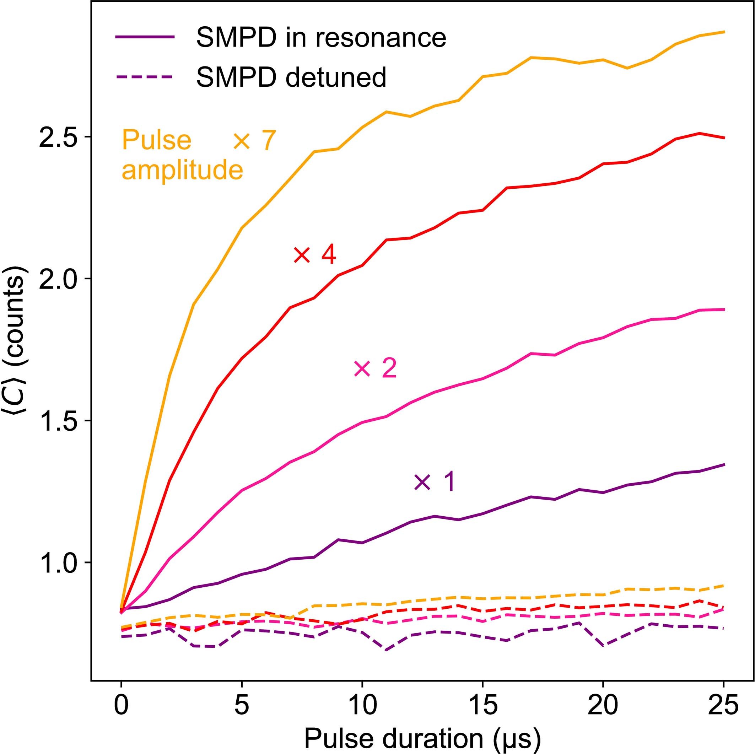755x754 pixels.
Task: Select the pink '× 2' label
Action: [x=375, y=368]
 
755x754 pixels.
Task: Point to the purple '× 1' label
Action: [x=435, y=481]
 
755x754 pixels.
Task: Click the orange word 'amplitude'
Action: [x=183, y=171]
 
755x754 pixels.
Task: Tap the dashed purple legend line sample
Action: [x=145, y=76]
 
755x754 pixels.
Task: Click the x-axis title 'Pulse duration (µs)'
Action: [x=422, y=737]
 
